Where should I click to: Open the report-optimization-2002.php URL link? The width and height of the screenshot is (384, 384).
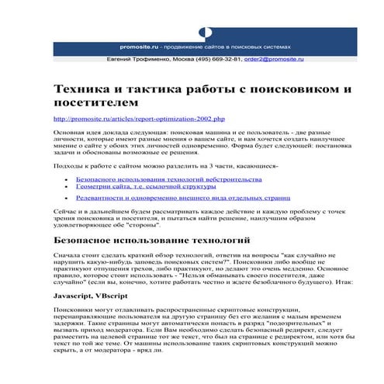click(x=138, y=119)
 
